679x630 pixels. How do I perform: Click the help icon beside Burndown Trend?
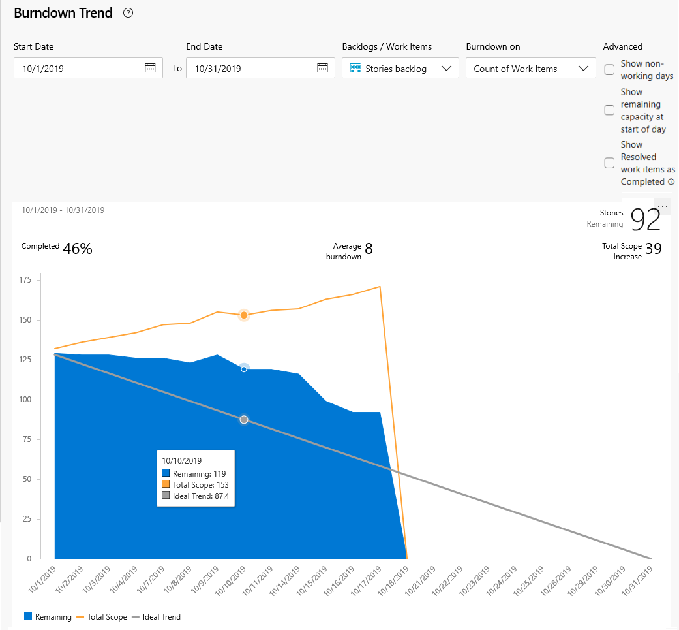tap(128, 13)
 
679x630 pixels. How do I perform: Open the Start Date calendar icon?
tap(150, 68)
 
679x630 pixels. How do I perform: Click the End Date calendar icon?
tap(322, 68)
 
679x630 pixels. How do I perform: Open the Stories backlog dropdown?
tap(400, 69)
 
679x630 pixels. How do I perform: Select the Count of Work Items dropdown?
tap(530, 69)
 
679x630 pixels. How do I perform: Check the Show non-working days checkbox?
tap(609, 70)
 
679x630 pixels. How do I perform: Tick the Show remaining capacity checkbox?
tap(609, 110)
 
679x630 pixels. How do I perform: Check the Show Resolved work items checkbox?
tap(609, 163)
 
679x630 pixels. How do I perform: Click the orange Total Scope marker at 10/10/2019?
tap(244, 315)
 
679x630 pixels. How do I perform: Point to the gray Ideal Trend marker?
tap(244, 420)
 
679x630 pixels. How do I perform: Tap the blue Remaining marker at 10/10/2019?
tap(244, 369)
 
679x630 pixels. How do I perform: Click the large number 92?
tap(646, 221)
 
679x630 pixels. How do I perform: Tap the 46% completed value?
tap(78, 248)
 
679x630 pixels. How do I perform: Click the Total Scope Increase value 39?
tap(654, 248)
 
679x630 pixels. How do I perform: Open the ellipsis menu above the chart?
tap(663, 206)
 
